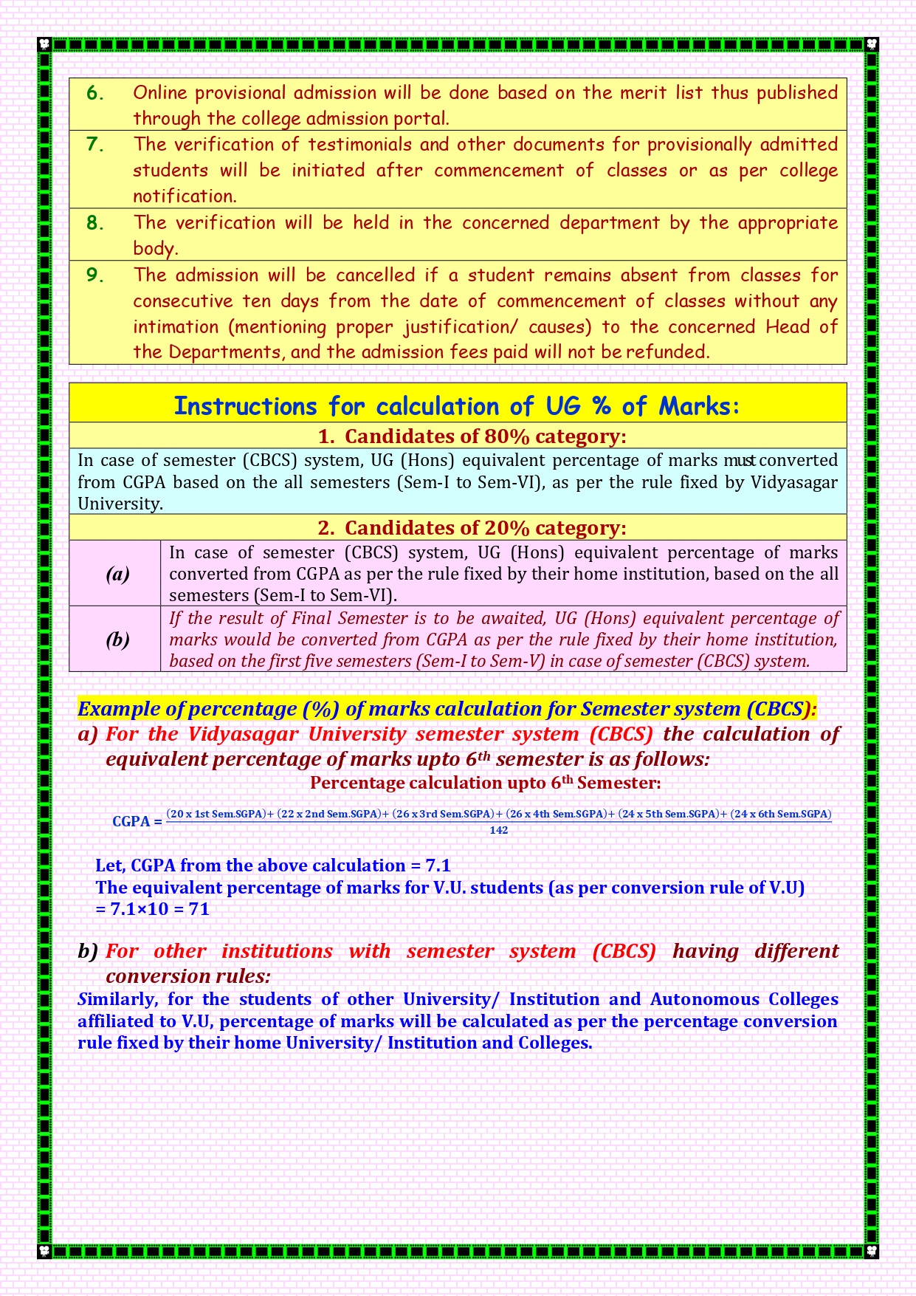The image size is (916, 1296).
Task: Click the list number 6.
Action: pyautogui.click(x=94, y=93)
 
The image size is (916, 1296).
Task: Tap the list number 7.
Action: pyautogui.click(x=94, y=144)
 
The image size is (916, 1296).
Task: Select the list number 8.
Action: pyautogui.click(x=94, y=222)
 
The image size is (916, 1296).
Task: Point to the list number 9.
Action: pyautogui.click(x=94, y=275)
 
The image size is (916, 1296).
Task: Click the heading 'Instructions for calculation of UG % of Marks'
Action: pyautogui.click(x=457, y=405)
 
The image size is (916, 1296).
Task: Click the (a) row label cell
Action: pyautogui.click(x=117, y=574)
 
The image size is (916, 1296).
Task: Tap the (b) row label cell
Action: pyautogui.click(x=117, y=640)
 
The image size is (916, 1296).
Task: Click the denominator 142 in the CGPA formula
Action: pyautogui.click(x=499, y=830)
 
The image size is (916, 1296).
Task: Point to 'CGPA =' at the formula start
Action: pyautogui.click(x=137, y=821)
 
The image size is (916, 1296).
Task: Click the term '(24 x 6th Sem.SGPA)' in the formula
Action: pyautogui.click(x=780, y=814)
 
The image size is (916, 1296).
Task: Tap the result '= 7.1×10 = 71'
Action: pyautogui.click(x=153, y=909)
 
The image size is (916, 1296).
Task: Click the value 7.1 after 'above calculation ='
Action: pyautogui.click(x=438, y=865)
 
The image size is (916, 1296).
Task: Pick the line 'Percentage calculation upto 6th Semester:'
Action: pyautogui.click(x=485, y=783)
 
